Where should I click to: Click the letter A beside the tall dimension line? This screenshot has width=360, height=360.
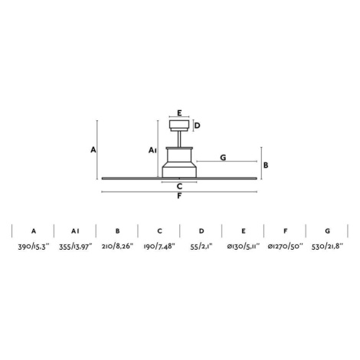[93, 149]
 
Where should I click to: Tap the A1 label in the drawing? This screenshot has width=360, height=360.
[152, 150]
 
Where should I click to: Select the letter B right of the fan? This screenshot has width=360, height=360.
[266, 165]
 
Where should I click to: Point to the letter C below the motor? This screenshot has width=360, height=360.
[179, 186]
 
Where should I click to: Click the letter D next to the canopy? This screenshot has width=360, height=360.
[197, 126]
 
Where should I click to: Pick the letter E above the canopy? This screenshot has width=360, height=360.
[179, 113]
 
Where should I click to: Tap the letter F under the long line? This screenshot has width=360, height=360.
[179, 196]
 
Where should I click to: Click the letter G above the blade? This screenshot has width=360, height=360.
[223, 158]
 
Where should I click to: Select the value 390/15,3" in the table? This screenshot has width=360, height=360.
[34, 247]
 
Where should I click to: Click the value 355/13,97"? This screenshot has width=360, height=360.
[76, 247]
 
